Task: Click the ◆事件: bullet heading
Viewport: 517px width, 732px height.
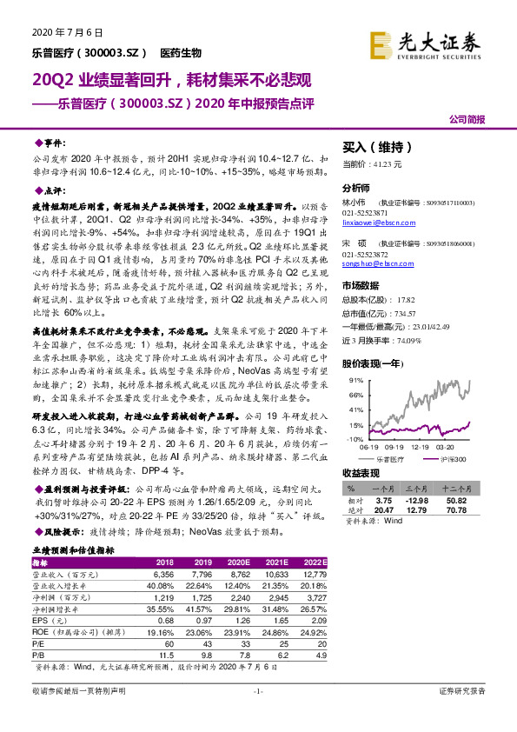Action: click(x=50, y=140)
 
